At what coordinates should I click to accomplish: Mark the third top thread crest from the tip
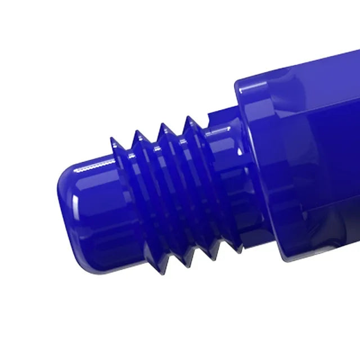164,124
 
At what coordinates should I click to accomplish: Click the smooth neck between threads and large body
225,169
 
